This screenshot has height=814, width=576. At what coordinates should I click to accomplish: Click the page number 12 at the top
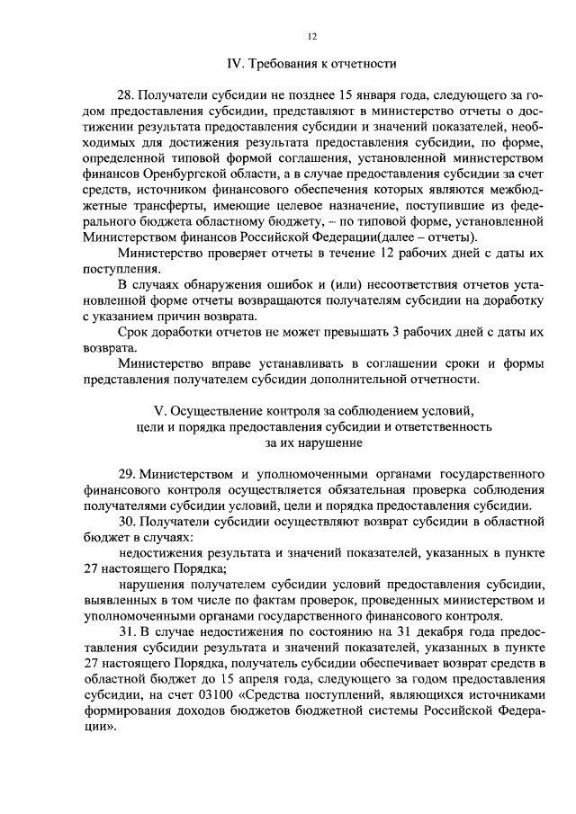(310, 36)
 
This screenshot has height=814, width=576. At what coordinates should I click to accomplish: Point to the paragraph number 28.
(127, 94)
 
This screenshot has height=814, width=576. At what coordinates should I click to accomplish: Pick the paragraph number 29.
(127, 473)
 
